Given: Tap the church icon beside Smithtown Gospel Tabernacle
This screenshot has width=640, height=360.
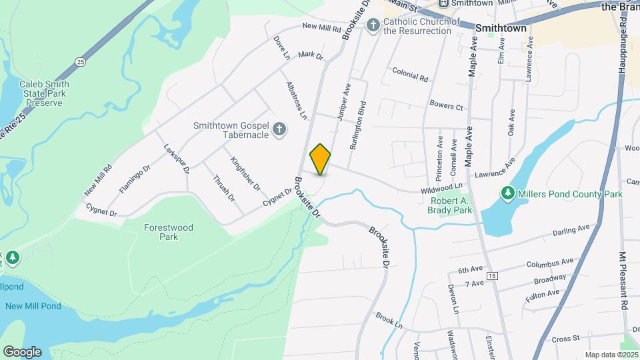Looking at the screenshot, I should pyautogui.click(x=280, y=129).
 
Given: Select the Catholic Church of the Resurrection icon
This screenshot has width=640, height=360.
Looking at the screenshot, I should pyautogui.click(x=373, y=26).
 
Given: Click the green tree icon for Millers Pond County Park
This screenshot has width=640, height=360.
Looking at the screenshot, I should pyautogui.click(x=508, y=194).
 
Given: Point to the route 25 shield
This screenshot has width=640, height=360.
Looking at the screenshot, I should pyautogui.click(x=80, y=62).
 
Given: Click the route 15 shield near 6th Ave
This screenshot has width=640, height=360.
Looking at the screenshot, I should pyautogui.click(x=493, y=275).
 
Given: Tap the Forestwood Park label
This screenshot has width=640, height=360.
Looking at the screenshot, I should pyautogui.click(x=169, y=232).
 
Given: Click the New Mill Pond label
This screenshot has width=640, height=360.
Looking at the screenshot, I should pyautogui.click(x=33, y=306).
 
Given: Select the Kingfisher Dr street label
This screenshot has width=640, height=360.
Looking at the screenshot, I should pyautogui.click(x=245, y=173).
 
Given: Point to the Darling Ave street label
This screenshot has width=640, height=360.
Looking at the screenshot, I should pyautogui.click(x=571, y=230).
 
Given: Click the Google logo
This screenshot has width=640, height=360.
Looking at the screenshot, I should pyautogui.click(x=22, y=351).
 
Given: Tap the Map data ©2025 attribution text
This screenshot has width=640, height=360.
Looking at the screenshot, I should pyautogui.click(x=611, y=355).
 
